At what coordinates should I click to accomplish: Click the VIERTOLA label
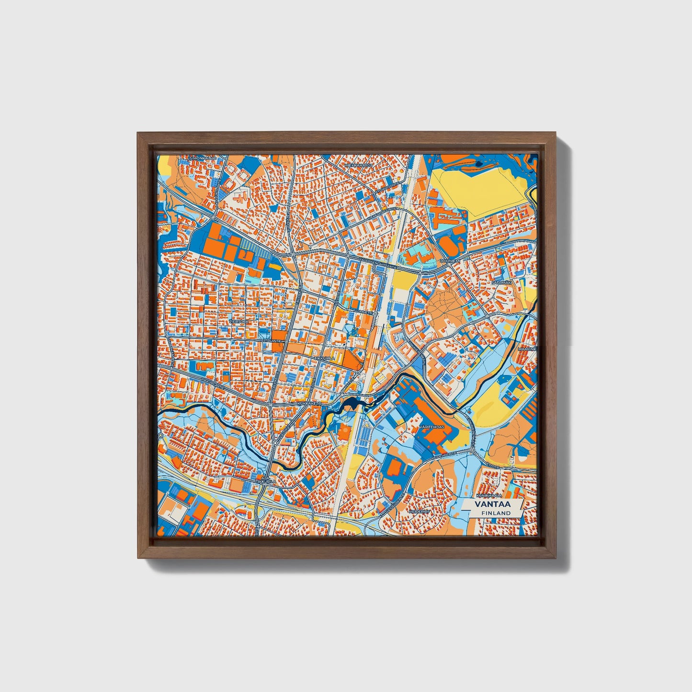[x=239, y=321]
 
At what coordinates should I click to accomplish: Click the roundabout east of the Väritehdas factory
[x=472, y=450]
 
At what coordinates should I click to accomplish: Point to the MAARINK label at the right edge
[x=527, y=349]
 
